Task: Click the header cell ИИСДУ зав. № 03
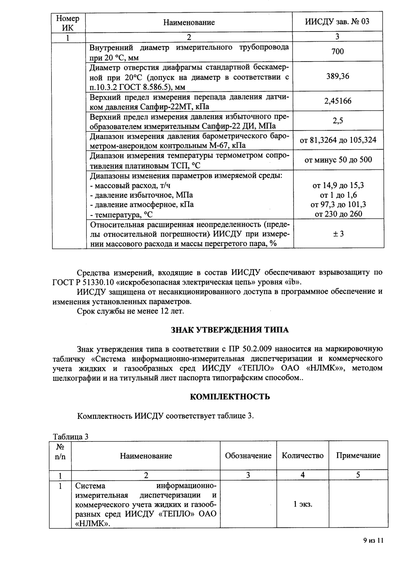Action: pyautogui.click(x=337, y=22)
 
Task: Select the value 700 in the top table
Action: pyautogui.click(x=337, y=52)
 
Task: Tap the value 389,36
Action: pyautogui.click(x=337, y=76)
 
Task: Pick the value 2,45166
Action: pyautogui.click(x=337, y=101)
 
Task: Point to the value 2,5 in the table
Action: pyautogui.click(x=337, y=121)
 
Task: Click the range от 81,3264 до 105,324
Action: pyautogui.click(x=338, y=140)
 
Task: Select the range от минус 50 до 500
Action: pyautogui.click(x=338, y=160)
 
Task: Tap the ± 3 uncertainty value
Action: pyautogui.click(x=338, y=234)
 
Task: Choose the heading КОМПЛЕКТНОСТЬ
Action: pyautogui.click(x=230, y=397)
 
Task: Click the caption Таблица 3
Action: pyautogui.click(x=71, y=436)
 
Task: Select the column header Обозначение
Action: pyautogui.click(x=248, y=456)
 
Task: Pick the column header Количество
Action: pyautogui.click(x=302, y=456)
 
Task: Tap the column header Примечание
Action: pyautogui.click(x=358, y=456)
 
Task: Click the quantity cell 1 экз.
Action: pyautogui.click(x=302, y=504)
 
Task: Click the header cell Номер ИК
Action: pyautogui.click(x=68, y=22)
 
